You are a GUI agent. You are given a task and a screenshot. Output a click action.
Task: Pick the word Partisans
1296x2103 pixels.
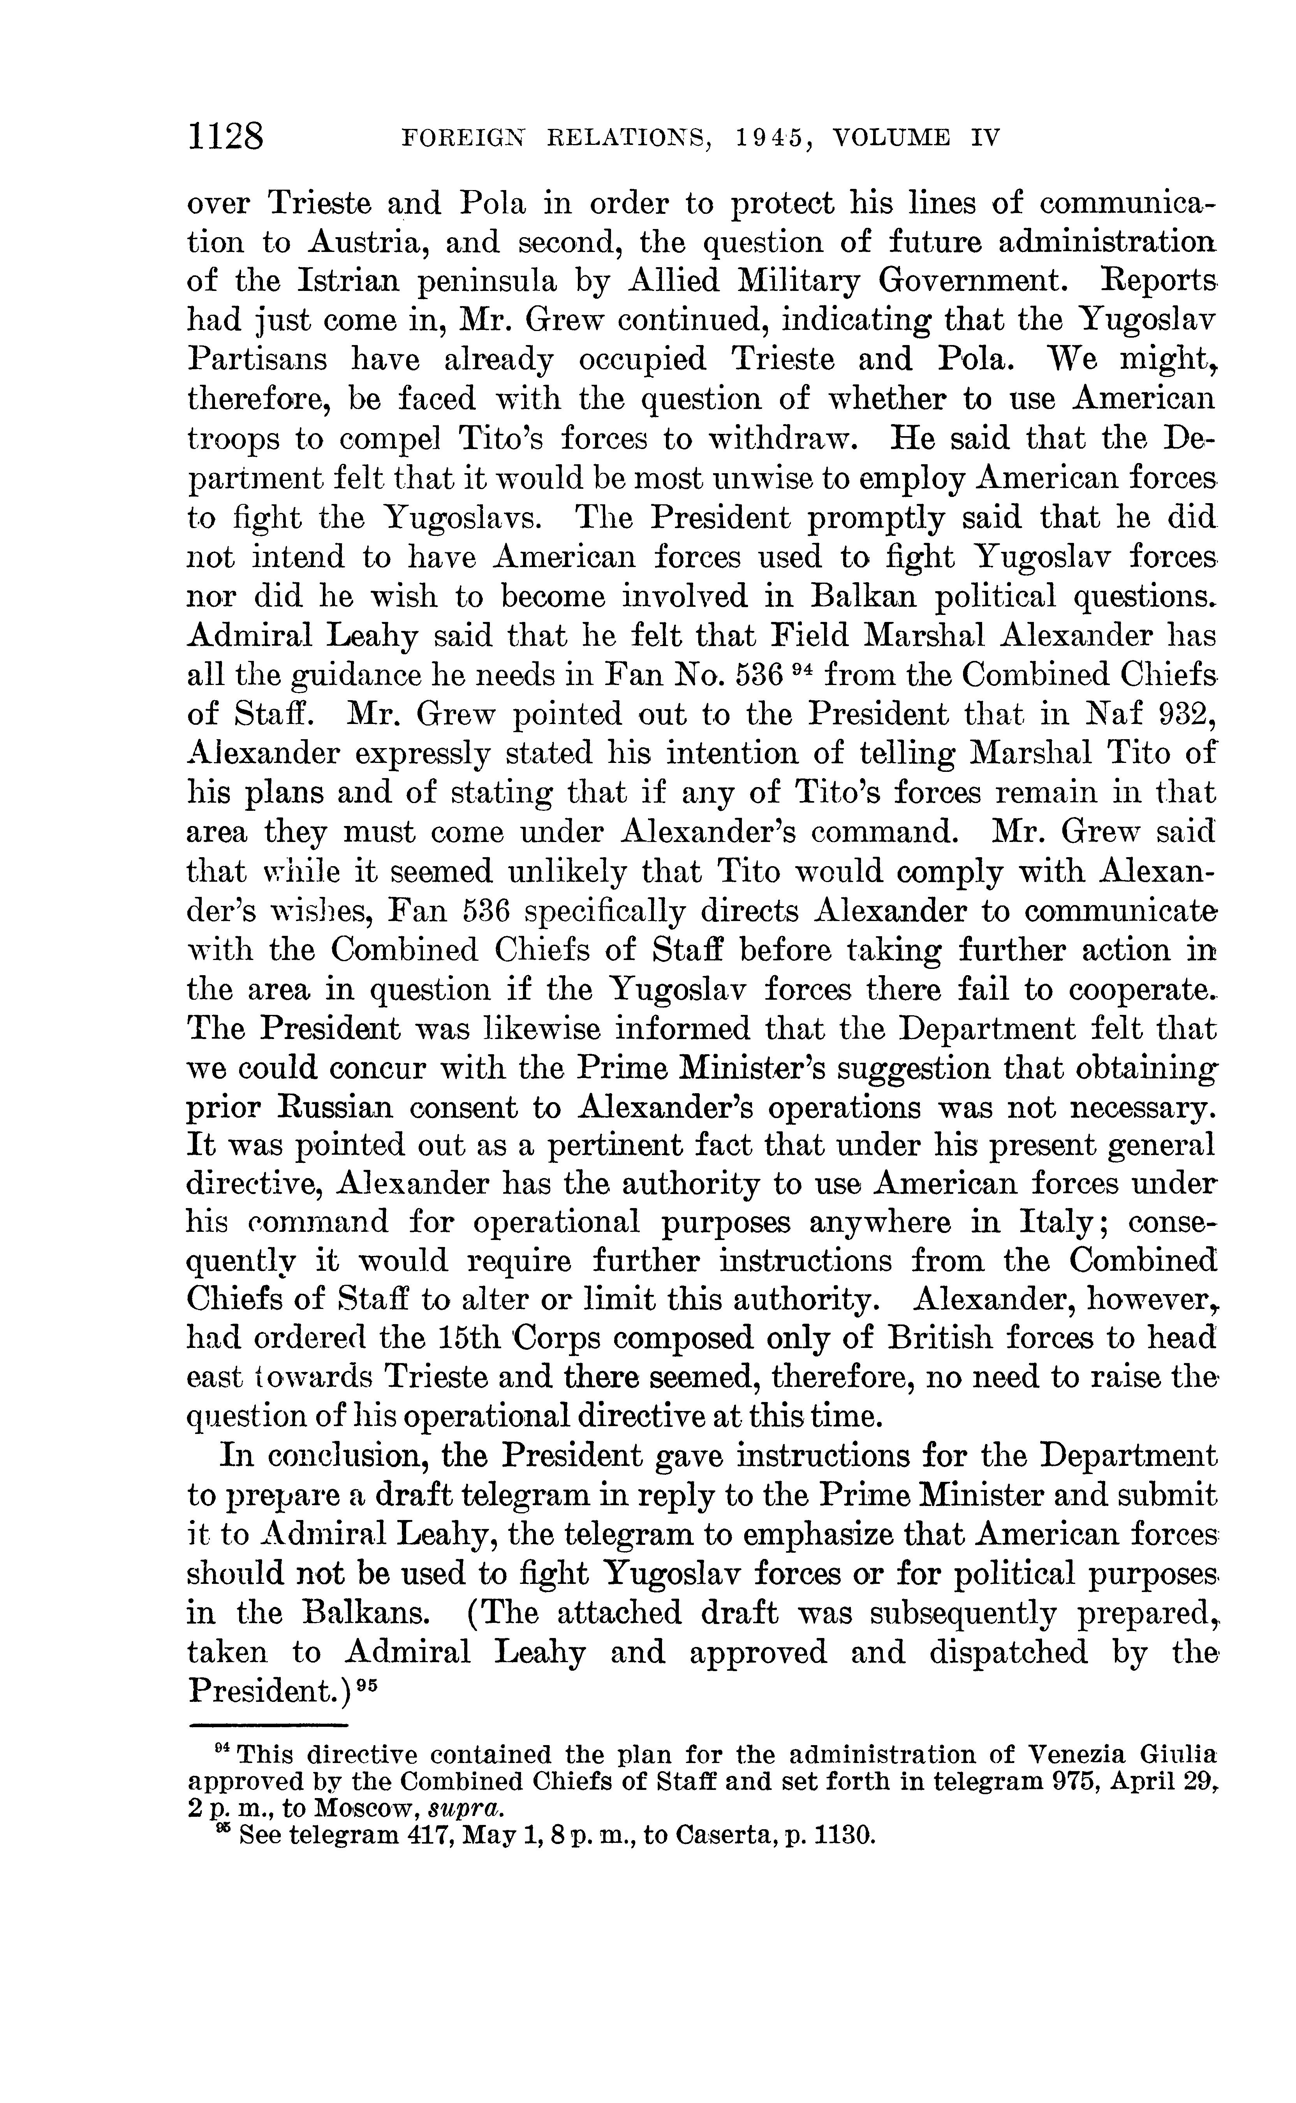(256, 360)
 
